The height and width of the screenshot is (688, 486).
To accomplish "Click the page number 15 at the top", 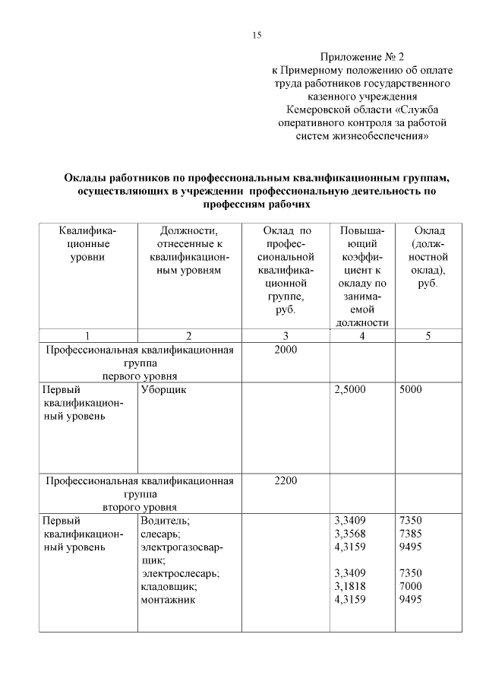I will click(256, 35).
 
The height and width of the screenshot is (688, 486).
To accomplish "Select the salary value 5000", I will click(410, 389).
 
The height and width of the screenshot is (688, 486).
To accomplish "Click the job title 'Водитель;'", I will click(165, 521).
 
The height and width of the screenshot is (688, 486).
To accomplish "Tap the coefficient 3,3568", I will click(350, 534).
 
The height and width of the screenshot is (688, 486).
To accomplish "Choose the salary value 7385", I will click(410, 534).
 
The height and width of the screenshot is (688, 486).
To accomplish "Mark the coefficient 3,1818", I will click(350, 586).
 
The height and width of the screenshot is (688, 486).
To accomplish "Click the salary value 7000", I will click(410, 586).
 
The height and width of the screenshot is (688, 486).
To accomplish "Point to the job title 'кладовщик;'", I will click(169, 586).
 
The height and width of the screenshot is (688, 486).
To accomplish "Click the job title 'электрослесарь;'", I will click(181, 573).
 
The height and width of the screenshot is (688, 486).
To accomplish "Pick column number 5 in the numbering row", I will click(428, 336).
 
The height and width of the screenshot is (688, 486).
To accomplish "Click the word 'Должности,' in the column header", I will click(189, 230).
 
